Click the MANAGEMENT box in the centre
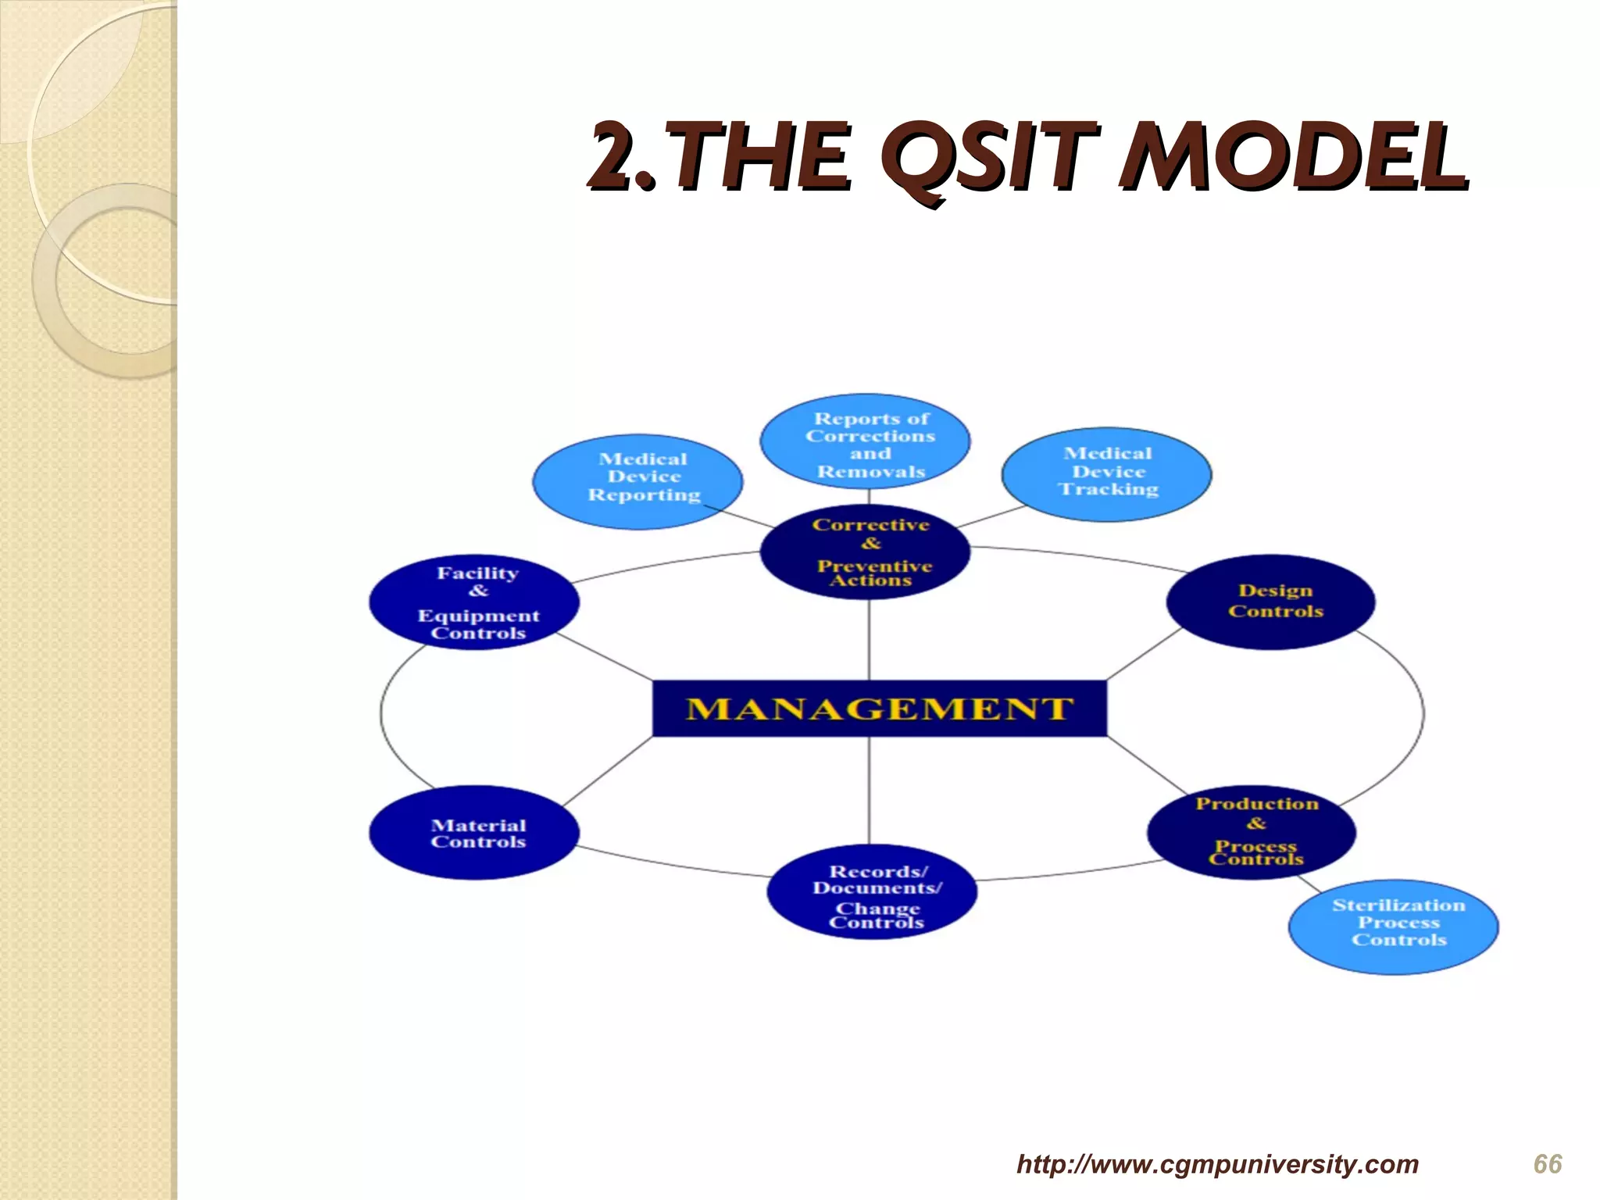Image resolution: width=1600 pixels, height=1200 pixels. click(879, 709)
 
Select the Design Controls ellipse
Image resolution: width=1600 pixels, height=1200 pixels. click(1270, 602)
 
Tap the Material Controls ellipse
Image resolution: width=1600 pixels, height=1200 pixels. click(474, 833)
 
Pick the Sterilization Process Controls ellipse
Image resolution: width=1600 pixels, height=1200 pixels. click(1393, 927)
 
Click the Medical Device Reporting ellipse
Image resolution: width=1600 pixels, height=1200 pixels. click(637, 481)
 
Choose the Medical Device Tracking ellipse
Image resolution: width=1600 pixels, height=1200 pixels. click(1106, 473)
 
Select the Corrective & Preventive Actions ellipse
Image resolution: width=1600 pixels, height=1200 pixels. click(866, 553)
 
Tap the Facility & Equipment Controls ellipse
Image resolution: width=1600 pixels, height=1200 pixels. click(474, 602)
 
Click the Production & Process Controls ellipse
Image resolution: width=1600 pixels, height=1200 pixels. click(1252, 832)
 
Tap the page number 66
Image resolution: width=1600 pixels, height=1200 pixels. click(1547, 1164)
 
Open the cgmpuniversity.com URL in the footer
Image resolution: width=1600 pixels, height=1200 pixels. click(1217, 1164)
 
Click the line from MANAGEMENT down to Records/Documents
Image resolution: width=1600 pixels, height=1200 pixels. click(870, 791)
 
